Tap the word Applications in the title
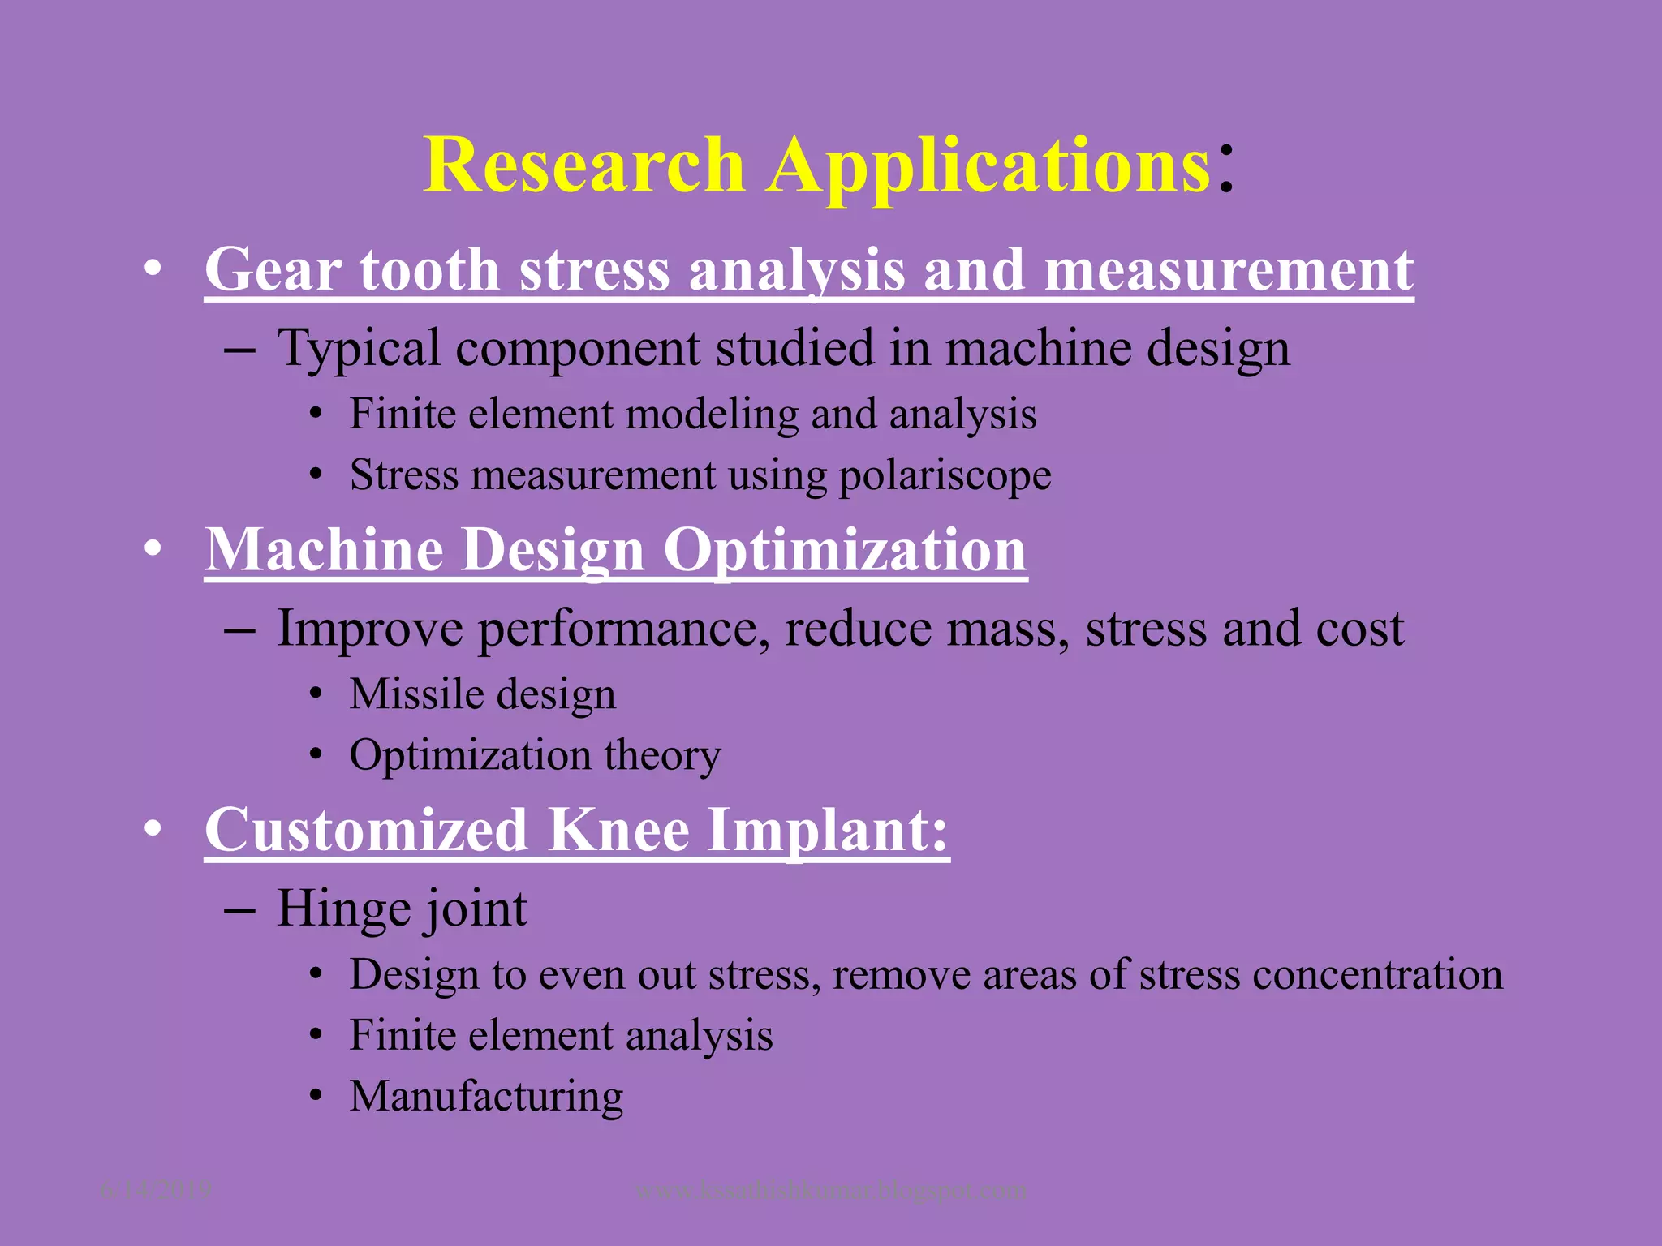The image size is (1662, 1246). click(x=988, y=166)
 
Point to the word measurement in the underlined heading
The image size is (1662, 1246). click(x=1229, y=270)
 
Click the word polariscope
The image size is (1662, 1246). click(x=945, y=475)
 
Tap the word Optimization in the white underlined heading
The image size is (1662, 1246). click(x=845, y=550)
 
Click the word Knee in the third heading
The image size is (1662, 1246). click(x=617, y=830)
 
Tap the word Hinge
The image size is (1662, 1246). click(x=341, y=909)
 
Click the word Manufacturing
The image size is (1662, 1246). click(x=486, y=1097)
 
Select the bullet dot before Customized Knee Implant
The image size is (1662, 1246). click(x=152, y=831)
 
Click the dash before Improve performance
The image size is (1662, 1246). click(x=239, y=630)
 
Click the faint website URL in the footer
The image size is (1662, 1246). click(x=830, y=1190)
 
